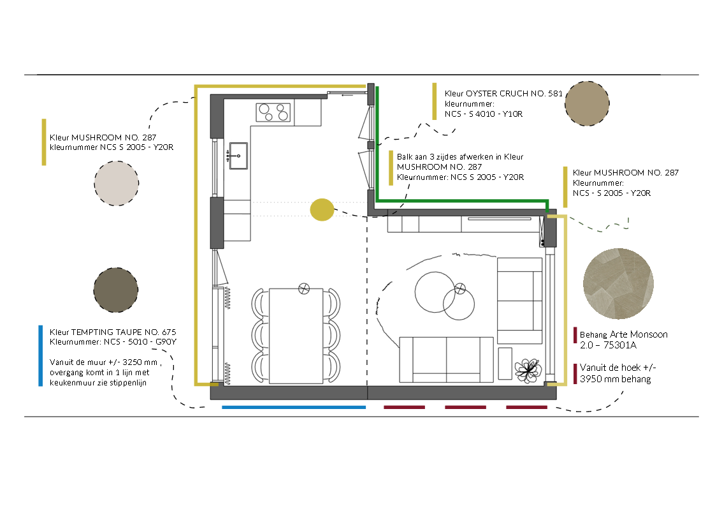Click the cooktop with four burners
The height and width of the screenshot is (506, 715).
coord(273,112)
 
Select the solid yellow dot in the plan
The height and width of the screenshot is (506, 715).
coord(322,209)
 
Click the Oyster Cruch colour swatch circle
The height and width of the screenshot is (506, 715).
coord(587,103)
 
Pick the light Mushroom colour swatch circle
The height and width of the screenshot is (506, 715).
coord(116,183)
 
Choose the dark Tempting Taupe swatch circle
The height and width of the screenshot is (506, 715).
coord(115,290)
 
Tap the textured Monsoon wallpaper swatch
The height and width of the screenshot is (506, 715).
coord(618,283)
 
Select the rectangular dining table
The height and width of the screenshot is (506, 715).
coord(296,336)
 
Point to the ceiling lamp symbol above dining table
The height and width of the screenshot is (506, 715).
coord(304,288)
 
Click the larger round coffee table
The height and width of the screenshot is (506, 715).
coord(435,292)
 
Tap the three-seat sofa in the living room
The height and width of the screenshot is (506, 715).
coord(446,359)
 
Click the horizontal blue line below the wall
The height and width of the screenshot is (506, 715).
coord(294,407)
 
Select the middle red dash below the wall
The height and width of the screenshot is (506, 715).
coord(465,407)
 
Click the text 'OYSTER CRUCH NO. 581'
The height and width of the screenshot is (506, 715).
coord(515,94)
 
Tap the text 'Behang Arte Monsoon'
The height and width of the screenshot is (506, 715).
coord(623,334)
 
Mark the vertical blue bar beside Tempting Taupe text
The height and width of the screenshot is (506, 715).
coord(41,355)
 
